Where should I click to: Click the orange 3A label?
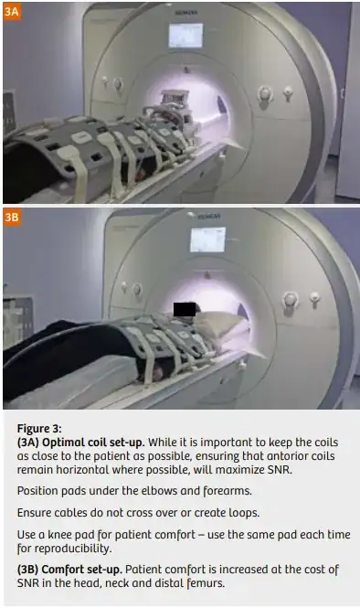click(12, 12)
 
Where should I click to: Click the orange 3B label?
click(12, 218)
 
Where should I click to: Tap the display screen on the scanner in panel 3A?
click(185, 36)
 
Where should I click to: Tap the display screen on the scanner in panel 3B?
click(207, 240)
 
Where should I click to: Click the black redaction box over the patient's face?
click(185, 309)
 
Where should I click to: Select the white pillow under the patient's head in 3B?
click(222, 323)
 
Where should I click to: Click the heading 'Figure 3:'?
click(39, 429)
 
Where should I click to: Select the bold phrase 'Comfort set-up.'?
click(81, 570)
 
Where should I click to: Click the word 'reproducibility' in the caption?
click(72, 549)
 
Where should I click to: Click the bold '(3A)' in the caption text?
click(28, 443)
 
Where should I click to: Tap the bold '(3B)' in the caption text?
click(28, 570)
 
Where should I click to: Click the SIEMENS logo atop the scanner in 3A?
click(186, 13)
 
